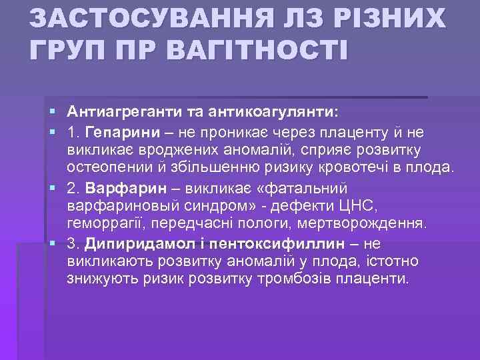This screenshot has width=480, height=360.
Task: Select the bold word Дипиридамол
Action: click(x=134, y=244)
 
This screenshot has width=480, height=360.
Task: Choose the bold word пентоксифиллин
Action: click(x=266, y=244)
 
